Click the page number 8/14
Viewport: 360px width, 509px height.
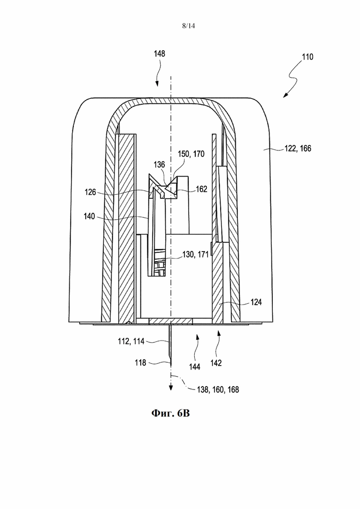click(x=188, y=26)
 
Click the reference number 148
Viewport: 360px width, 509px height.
click(x=159, y=54)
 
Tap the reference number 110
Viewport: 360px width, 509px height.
click(x=307, y=57)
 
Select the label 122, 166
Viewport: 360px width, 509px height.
click(x=298, y=148)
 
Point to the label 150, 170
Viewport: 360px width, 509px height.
click(x=191, y=154)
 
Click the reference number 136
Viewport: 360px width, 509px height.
click(x=159, y=165)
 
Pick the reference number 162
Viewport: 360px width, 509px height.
click(x=201, y=189)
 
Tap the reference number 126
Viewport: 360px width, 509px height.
click(x=90, y=192)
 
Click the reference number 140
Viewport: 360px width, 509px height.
click(x=89, y=216)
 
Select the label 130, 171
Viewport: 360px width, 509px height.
click(x=195, y=255)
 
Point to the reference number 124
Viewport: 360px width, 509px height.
click(x=256, y=302)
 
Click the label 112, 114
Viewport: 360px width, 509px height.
click(x=131, y=341)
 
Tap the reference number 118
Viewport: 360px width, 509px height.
click(x=141, y=363)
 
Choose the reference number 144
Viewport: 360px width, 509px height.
click(x=195, y=367)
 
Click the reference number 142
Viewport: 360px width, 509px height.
click(x=216, y=363)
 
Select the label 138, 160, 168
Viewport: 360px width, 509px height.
click(x=218, y=389)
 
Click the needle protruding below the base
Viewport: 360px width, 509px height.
click(x=170, y=344)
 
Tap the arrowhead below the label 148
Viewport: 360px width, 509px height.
click(x=157, y=84)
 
